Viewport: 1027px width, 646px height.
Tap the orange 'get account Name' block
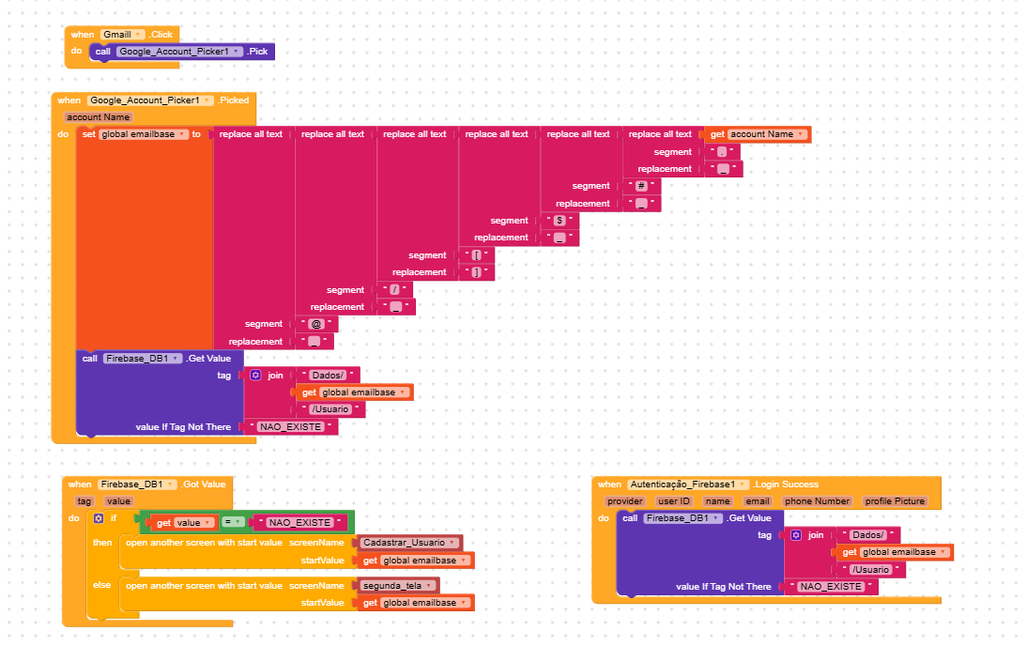758,134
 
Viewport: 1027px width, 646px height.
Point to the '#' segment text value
641,186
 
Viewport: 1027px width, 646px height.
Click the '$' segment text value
559,221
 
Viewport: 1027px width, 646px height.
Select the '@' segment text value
314,324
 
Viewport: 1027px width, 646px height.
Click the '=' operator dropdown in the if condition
238,522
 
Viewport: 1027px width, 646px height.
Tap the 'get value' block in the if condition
185,522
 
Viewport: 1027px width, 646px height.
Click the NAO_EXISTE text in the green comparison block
299,522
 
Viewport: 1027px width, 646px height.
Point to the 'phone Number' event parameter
817,501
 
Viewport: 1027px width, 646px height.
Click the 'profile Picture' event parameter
895,501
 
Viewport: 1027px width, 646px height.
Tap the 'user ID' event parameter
674,501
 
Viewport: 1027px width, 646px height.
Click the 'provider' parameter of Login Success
624,501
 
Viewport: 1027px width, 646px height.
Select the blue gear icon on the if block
99,518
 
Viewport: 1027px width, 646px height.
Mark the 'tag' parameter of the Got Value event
84,501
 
